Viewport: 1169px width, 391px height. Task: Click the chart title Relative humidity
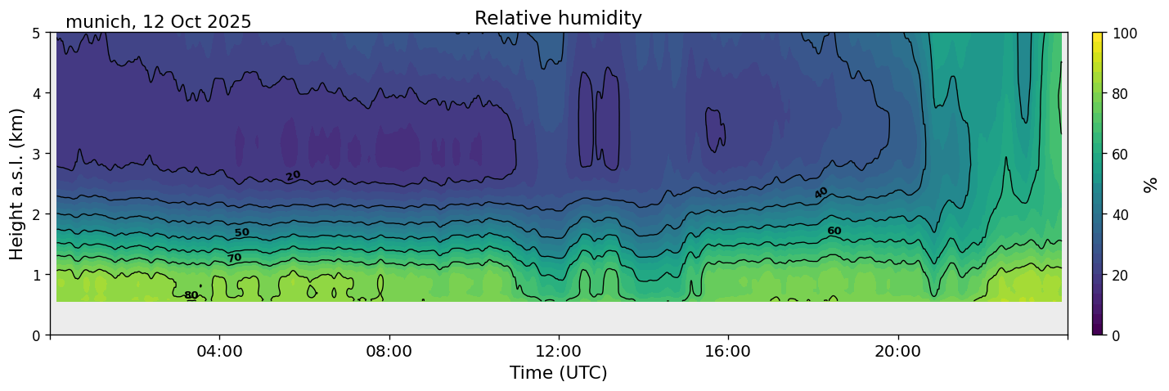(x=558, y=18)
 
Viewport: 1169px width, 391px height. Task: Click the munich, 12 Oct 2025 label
(x=158, y=22)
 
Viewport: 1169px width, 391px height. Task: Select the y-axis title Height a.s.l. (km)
(x=17, y=183)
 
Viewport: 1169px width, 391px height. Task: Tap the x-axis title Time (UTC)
(x=558, y=373)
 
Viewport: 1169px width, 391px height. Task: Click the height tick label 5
(x=37, y=33)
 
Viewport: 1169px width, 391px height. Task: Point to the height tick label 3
(x=37, y=154)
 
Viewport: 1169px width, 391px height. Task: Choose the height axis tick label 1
(x=37, y=275)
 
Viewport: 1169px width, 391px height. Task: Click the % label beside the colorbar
(x=1151, y=183)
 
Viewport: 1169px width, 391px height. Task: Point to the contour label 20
(x=293, y=175)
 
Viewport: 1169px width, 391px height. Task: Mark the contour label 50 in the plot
(x=241, y=233)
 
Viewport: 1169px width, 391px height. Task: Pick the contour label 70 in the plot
(x=234, y=258)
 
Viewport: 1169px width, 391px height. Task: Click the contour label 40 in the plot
(x=821, y=193)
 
